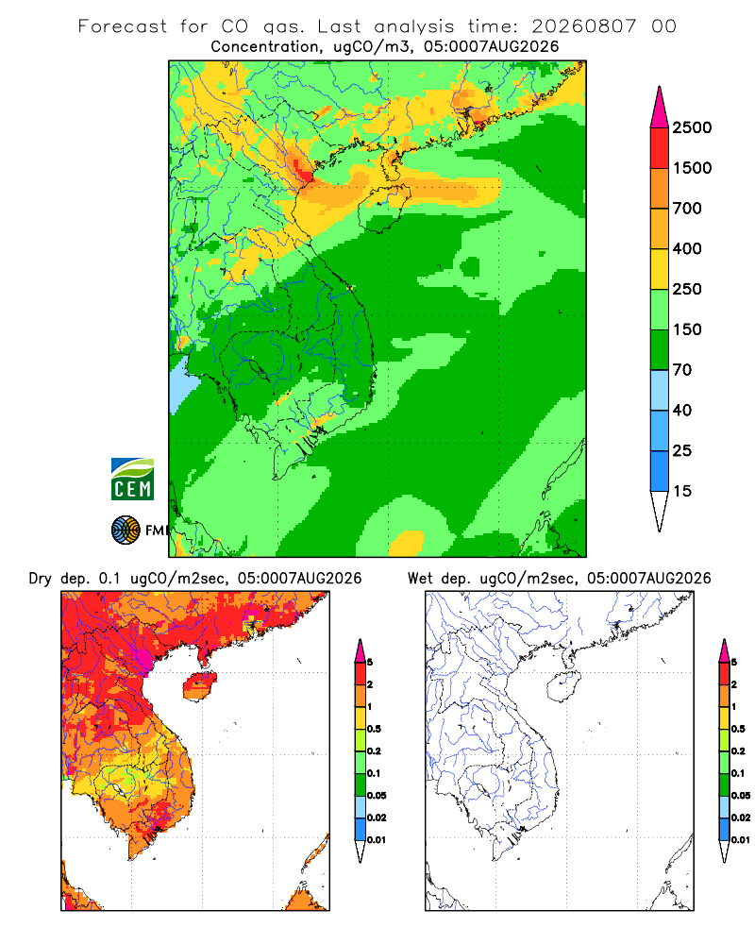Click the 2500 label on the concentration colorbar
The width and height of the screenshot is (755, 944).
click(692, 127)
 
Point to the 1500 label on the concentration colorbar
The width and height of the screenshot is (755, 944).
click(692, 168)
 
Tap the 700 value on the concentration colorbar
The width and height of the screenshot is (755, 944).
click(687, 209)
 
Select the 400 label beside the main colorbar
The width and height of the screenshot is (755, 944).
click(687, 248)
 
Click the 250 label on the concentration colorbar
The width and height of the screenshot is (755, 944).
click(687, 289)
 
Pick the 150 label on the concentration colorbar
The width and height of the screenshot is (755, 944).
click(687, 329)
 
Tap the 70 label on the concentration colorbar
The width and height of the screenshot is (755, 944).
click(682, 370)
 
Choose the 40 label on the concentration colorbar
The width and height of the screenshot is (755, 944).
click(682, 410)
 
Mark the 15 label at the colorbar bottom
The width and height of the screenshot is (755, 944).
click(682, 491)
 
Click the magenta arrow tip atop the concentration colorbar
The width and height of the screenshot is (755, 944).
click(660, 89)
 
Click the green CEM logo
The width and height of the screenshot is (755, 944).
click(132, 480)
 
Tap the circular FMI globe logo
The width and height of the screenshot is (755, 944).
click(126, 531)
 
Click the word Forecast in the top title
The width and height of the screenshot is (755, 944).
click(123, 26)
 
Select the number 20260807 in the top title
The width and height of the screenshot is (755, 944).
click(583, 26)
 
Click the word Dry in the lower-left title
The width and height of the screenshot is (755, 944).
click(41, 579)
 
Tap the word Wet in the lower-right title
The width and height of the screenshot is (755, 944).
click(420, 579)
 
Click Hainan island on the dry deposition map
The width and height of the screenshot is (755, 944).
click(200, 685)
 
